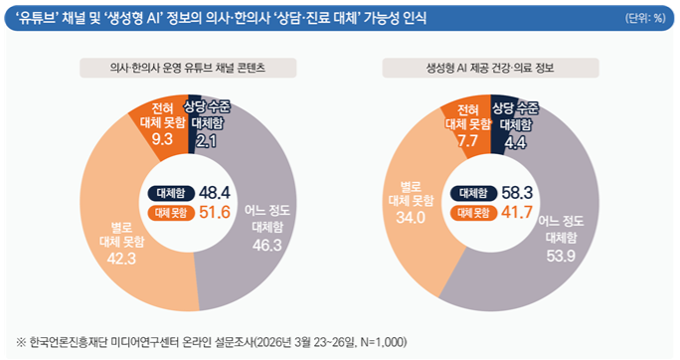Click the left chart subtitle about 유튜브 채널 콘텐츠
click(x=188, y=69)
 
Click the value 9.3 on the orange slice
click(x=163, y=139)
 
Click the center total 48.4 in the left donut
click(x=215, y=192)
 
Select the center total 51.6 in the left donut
click(x=215, y=213)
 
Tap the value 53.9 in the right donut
click(x=562, y=256)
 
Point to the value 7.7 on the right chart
click(x=467, y=141)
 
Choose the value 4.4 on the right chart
click(x=515, y=142)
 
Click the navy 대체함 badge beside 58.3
click(x=472, y=192)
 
